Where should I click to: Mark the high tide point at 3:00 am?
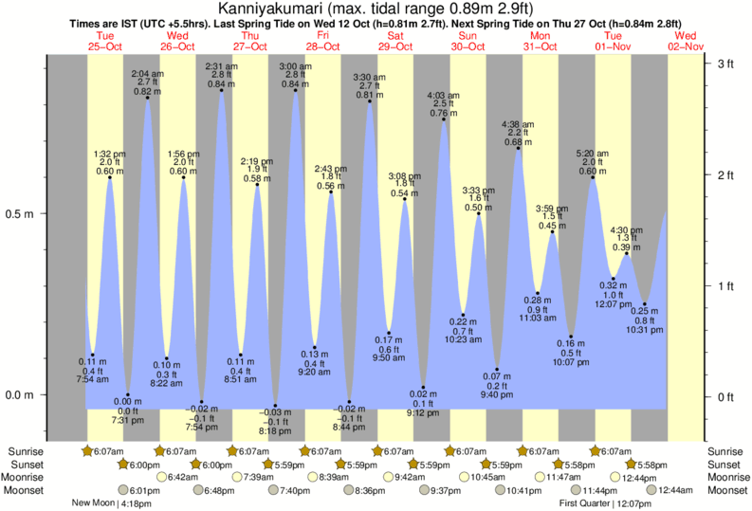tap(295, 91)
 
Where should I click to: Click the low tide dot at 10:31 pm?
tap(645, 304)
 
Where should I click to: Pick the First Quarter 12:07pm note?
tap(595, 503)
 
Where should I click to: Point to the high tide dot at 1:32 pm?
tap(110, 177)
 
